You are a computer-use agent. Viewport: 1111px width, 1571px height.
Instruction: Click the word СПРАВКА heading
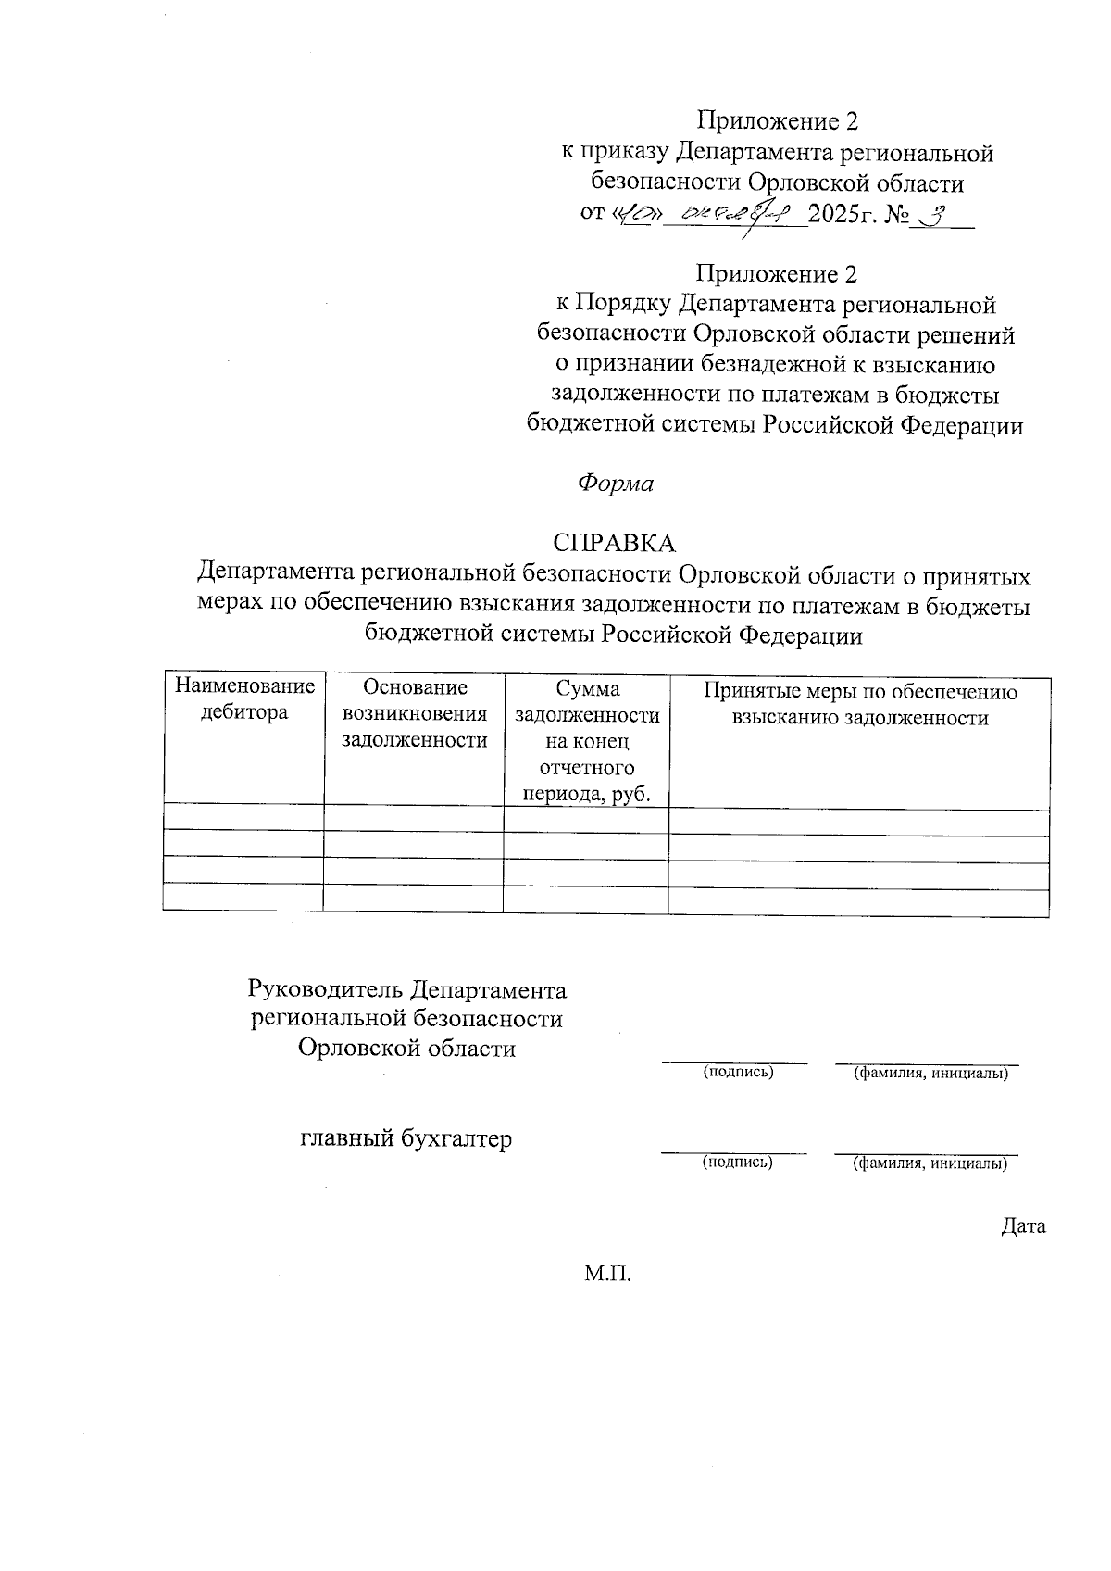[x=615, y=543]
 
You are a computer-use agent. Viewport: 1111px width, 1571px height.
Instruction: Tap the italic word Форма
[x=616, y=484]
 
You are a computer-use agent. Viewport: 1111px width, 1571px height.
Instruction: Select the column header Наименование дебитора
[x=244, y=700]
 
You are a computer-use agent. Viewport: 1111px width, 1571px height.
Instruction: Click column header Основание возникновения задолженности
[x=414, y=713]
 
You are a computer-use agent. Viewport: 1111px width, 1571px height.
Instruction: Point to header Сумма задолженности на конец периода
[x=587, y=741]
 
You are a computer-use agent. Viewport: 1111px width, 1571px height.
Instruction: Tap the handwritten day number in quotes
[x=640, y=215]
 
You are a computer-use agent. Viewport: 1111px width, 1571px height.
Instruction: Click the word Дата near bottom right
[x=1023, y=1226]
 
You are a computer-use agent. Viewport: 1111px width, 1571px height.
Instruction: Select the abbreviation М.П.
[x=607, y=1275]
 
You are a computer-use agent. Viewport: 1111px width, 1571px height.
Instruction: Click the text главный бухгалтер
[x=406, y=1137]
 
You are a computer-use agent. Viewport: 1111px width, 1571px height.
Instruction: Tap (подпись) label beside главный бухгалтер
[x=738, y=1162]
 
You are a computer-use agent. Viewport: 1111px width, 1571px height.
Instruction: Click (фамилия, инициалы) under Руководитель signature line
[x=930, y=1073]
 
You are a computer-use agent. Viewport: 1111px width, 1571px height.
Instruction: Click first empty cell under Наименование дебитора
[x=243, y=818]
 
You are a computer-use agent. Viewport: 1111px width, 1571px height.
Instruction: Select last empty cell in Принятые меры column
[x=858, y=900]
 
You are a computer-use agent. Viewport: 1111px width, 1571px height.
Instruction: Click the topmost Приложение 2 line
[x=778, y=121]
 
